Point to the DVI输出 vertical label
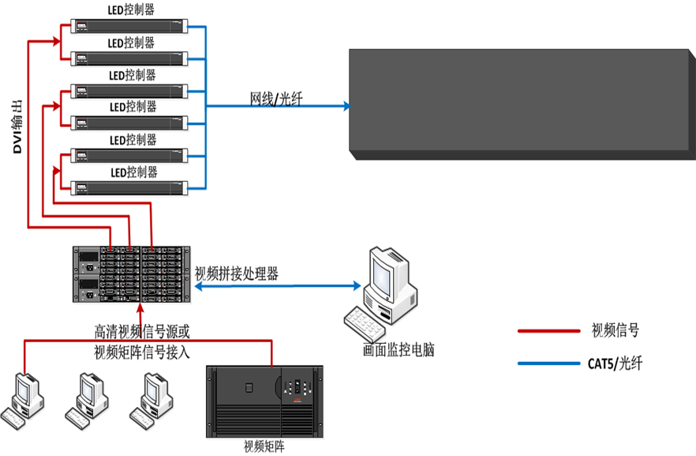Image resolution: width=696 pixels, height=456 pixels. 17,126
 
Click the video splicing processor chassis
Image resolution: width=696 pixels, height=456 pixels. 132,273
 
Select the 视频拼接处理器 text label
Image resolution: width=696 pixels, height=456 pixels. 236,274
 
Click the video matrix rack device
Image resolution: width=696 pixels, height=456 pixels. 264,401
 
